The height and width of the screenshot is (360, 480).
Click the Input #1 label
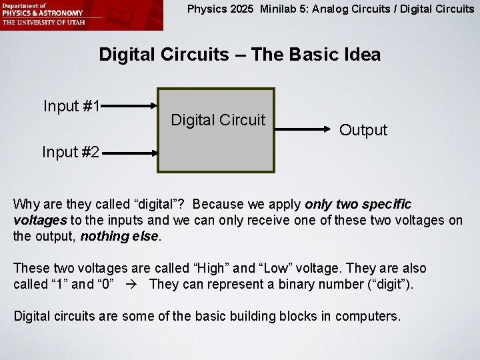[71, 106]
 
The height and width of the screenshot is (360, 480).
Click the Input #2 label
[71, 152]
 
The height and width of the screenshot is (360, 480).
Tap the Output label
[363, 130]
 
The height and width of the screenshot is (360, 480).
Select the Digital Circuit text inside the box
[218, 120]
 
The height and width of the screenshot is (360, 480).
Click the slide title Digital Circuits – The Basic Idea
[240, 54]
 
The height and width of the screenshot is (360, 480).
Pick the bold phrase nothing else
[120, 235]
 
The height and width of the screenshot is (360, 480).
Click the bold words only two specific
[358, 203]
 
